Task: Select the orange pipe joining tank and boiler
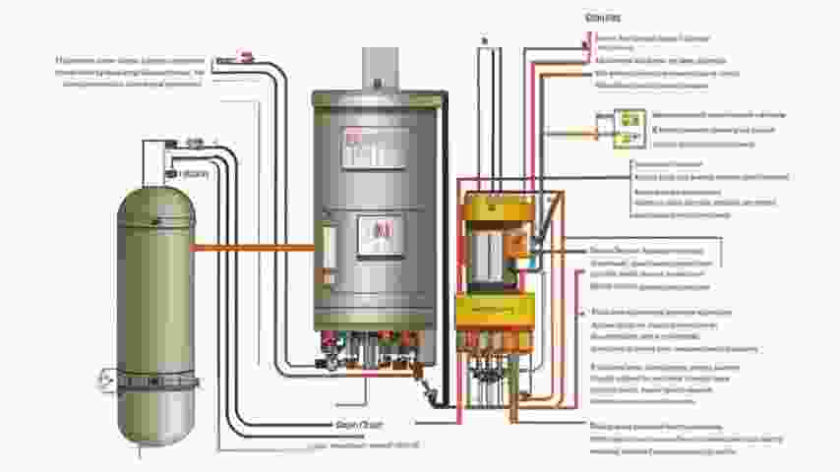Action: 252,248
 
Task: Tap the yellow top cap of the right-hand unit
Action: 496,207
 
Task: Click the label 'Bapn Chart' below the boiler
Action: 358,424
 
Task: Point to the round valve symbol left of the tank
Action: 105,377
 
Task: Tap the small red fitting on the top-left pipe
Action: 246,56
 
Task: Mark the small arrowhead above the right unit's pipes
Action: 484,40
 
